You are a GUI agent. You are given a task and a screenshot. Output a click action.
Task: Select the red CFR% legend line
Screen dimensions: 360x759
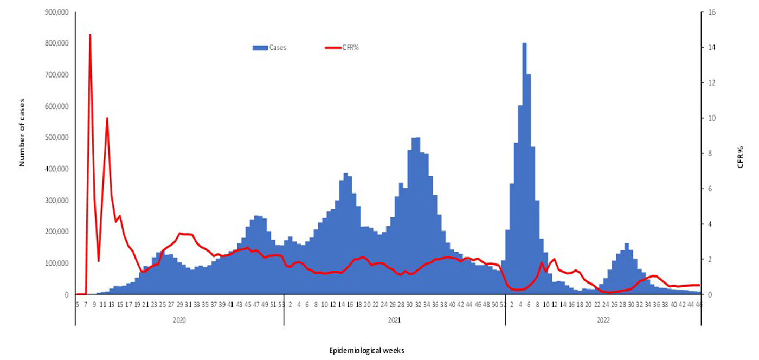coord(332,48)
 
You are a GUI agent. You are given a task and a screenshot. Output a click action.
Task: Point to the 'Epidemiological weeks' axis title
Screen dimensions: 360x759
coord(367,350)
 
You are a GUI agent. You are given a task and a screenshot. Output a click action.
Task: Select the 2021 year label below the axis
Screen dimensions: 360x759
coord(394,320)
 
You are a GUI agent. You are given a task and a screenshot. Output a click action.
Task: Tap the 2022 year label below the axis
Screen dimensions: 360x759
coord(603,320)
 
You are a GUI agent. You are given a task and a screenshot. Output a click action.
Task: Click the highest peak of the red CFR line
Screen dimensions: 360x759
coord(90,35)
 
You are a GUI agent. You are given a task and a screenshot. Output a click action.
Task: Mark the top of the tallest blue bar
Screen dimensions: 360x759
coord(524,43)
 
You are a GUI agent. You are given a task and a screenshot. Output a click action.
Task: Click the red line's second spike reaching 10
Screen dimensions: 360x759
coord(107,118)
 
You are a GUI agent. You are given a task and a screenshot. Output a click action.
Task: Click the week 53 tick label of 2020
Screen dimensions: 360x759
coord(281,305)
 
